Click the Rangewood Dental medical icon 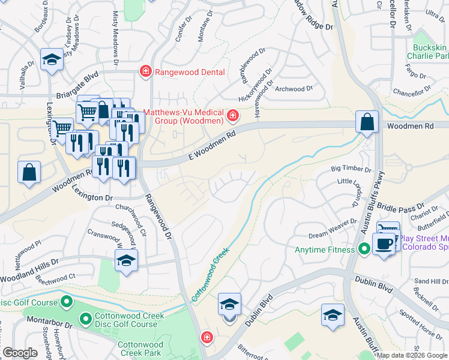click(x=145, y=72)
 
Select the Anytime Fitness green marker click(x=364, y=248)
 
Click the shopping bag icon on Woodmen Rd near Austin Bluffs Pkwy click(x=366, y=122)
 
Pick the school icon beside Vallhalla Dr click(x=52, y=60)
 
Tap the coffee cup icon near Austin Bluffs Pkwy click(x=384, y=244)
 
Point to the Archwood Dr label click(x=294, y=88)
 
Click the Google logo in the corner click(x=20, y=353)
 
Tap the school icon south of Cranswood click(x=126, y=260)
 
